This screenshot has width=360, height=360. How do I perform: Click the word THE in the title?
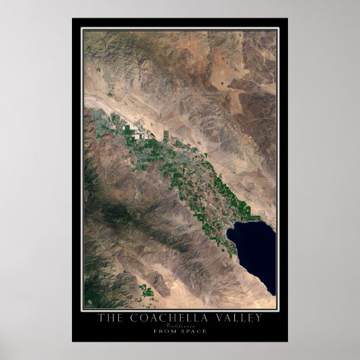(x=109, y=317)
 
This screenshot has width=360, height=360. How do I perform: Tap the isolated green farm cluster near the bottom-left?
(x=146, y=293)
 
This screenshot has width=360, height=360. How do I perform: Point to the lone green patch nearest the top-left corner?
(x=99, y=69)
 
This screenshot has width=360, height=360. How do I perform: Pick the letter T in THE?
(x=101, y=317)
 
